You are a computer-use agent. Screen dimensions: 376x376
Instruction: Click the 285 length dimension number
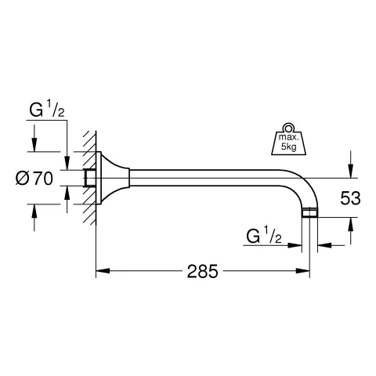click(x=202, y=273)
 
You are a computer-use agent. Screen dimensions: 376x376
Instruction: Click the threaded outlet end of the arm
click(x=310, y=212)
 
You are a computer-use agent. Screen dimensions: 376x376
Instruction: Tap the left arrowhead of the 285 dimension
click(x=100, y=273)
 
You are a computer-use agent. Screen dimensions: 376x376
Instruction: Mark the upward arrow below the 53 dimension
click(x=351, y=227)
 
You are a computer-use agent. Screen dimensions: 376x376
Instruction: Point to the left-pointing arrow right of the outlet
click(x=324, y=245)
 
